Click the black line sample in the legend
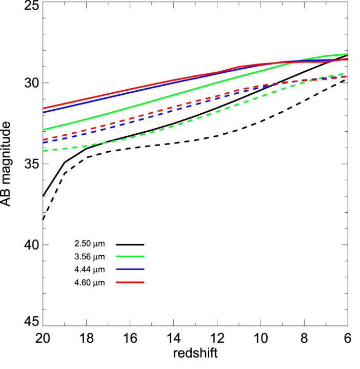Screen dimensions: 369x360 click(x=130, y=244)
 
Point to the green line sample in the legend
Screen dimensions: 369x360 click(x=130, y=257)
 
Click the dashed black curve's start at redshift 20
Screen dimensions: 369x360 click(x=43, y=219)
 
